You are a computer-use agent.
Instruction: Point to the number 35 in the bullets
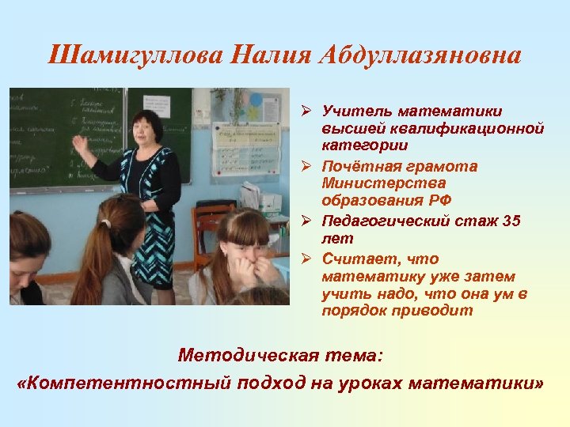click(512, 221)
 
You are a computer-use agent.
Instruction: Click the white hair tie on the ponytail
click(105, 223)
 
